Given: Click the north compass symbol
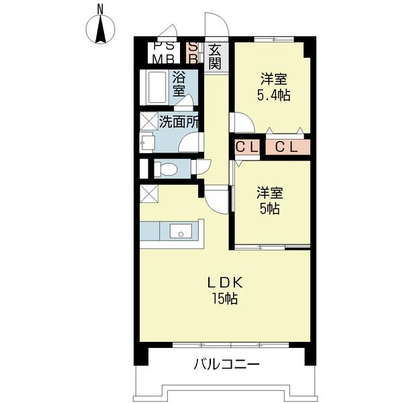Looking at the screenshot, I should (x=100, y=30).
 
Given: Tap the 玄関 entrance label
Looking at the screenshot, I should (x=215, y=57).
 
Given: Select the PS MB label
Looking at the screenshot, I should (x=163, y=53).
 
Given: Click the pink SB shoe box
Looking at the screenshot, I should (x=193, y=53).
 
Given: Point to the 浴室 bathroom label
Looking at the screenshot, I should (x=179, y=83).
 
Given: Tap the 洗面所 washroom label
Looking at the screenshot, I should (x=179, y=122).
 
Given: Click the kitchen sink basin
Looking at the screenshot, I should (x=180, y=231).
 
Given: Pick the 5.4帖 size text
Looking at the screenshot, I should (x=273, y=95).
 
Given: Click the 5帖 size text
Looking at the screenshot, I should (x=270, y=208).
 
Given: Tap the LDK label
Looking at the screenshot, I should (x=224, y=283).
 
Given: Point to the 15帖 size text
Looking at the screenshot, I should (x=224, y=299).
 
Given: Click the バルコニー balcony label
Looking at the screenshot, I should (x=226, y=365).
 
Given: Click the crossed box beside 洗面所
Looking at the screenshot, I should (x=148, y=122).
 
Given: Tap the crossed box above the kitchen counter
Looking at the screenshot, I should (x=149, y=193).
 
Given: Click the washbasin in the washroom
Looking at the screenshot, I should (x=147, y=142).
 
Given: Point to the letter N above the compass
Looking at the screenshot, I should (x=99, y=8).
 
